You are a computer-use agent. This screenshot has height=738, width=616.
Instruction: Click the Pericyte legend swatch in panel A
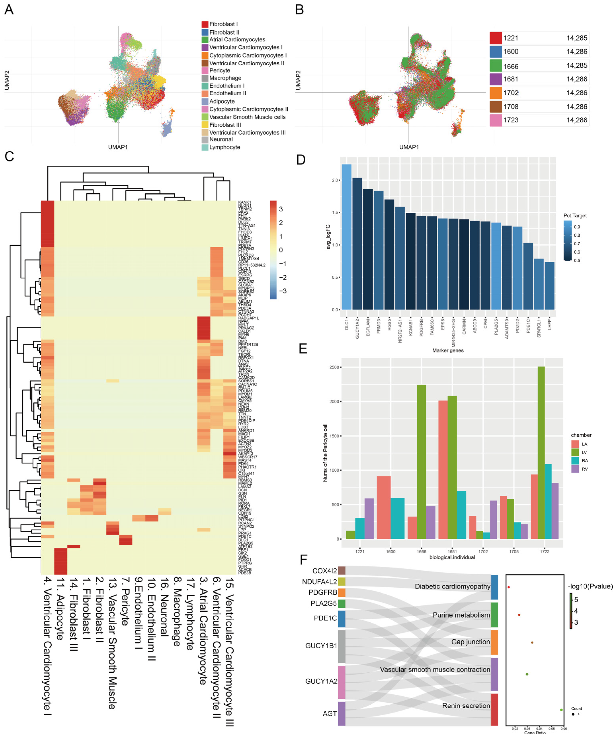point(205,70)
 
